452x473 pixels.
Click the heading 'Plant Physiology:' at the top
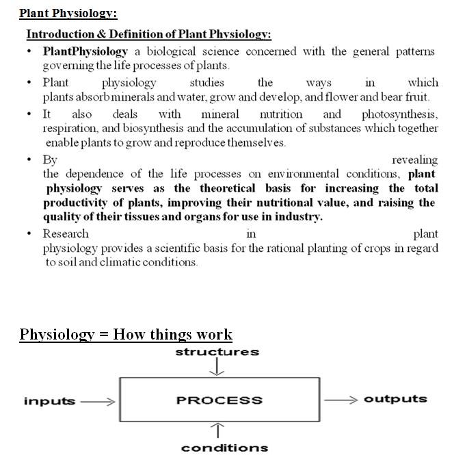(x=68, y=13)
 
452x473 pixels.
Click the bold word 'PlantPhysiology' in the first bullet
(x=85, y=51)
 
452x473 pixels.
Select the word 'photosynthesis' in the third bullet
(x=399, y=114)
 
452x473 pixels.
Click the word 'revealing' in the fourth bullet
(x=414, y=159)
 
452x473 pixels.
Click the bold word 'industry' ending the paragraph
(x=299, y=217)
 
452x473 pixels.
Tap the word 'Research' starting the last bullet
(x=66, y=233)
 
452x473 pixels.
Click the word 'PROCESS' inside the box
(x=219, y=400)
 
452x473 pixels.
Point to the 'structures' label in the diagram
(x=217, y=352)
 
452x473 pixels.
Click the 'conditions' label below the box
(x=224, y=448)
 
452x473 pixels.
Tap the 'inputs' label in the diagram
(x=49, y=401)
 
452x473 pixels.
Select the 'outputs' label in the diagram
(x=395, y=399)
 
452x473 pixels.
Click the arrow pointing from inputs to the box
(x=98, y=402)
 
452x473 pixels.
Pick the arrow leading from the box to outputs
(x=341, y=400)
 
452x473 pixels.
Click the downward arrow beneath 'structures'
(x=217, y=368)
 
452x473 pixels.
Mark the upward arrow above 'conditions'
(x=217, y=430)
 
